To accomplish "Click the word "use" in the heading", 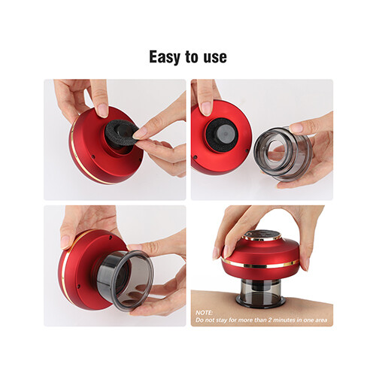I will pos(214,57).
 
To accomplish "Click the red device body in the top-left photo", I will pos(90,158).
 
